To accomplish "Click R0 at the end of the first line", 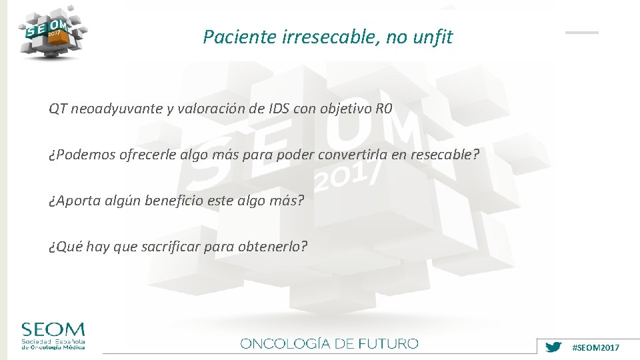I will [x=383, y=109].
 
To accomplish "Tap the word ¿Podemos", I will [x=81, y=155].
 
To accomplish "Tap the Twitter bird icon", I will [x=553, y=347].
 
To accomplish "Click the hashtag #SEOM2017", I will [x=596, y=348].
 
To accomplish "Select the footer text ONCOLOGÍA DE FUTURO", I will [x=329, y=344].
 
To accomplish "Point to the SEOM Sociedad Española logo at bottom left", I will [x=53, y=336].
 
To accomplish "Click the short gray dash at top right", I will [x=582, y=32].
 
